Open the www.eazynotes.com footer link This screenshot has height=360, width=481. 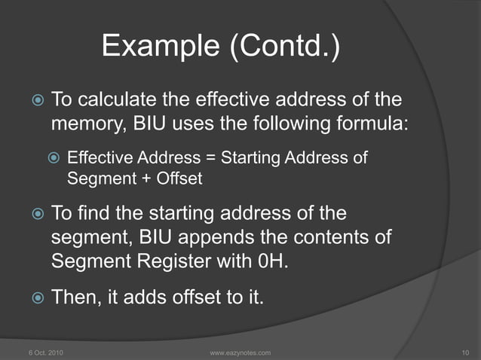coord(239,352)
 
